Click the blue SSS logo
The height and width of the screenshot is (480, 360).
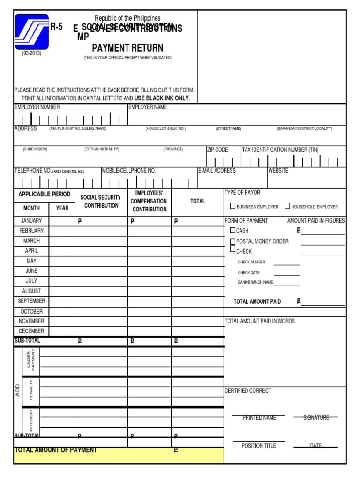pos(31,31)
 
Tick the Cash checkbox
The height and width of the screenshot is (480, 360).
pos(232,230)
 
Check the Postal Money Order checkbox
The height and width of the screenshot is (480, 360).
pos(232,241)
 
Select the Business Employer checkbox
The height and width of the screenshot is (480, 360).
pos(232,206)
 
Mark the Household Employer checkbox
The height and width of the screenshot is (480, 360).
pos(287,206)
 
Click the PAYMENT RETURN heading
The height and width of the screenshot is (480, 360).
pos(127,48)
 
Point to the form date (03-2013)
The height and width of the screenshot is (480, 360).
pos(31,53)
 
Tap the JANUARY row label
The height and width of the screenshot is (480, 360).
pos(31,220)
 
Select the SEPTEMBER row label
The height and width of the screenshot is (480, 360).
pos(31,301)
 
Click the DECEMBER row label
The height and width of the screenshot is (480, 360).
pos(31,331)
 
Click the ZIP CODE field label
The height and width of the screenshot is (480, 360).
pos(217,150)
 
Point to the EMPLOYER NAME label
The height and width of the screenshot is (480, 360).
pos(148,107)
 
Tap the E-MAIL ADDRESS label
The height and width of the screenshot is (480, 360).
pos(217,171)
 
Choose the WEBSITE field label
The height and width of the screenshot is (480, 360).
pos(278,171)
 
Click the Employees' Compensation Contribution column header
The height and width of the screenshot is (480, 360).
pos(149,201)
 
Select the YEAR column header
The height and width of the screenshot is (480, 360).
pos(62,208)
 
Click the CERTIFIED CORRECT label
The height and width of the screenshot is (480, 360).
pos(248,391)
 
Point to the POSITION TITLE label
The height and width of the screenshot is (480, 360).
pos(259,446)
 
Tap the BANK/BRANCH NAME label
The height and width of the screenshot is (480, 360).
pos(255,282)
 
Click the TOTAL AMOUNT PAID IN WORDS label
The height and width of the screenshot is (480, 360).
pos(260,321)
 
